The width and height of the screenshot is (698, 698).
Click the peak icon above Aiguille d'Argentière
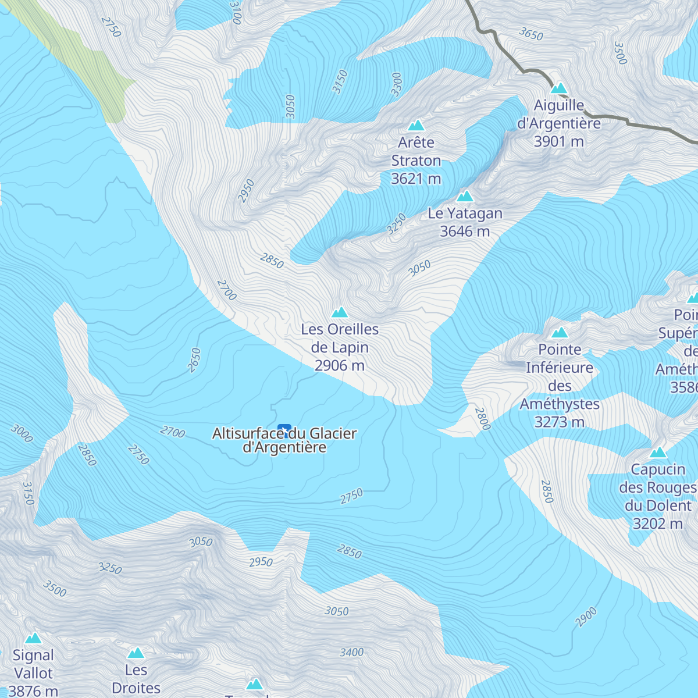tap(559, 88)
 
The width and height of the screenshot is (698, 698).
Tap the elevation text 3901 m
tap(558, 141)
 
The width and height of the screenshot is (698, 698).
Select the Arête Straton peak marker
tap(416, 125)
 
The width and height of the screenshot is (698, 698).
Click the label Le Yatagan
tap(465, 213)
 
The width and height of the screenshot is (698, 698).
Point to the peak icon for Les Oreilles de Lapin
tap(340, 312)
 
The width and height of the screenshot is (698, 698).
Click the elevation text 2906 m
tap(340, 365)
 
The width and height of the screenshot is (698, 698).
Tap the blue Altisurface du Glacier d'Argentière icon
tap(284, 430)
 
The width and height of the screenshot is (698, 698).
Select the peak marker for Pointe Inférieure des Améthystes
tap(560, 333)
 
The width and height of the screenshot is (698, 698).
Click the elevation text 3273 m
tap(559, 422)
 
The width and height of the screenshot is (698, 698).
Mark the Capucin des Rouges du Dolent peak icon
tap(658, 453)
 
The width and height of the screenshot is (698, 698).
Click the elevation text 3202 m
tap(657, 523)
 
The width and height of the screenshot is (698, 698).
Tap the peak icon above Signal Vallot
tap(33, 638)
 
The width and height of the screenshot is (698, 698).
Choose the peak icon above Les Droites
tap(136, 653)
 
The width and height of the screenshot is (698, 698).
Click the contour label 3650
tap(531, 34)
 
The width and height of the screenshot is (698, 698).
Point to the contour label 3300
tap(397, 84)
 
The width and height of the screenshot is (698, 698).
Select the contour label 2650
tap(194, 360)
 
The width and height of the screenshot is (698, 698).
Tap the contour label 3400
tap(351, 653)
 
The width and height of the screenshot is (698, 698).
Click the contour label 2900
tap(586, 617)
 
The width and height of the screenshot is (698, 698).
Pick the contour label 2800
tap(483, 419)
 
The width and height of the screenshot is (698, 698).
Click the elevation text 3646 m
tap(465, 232)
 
